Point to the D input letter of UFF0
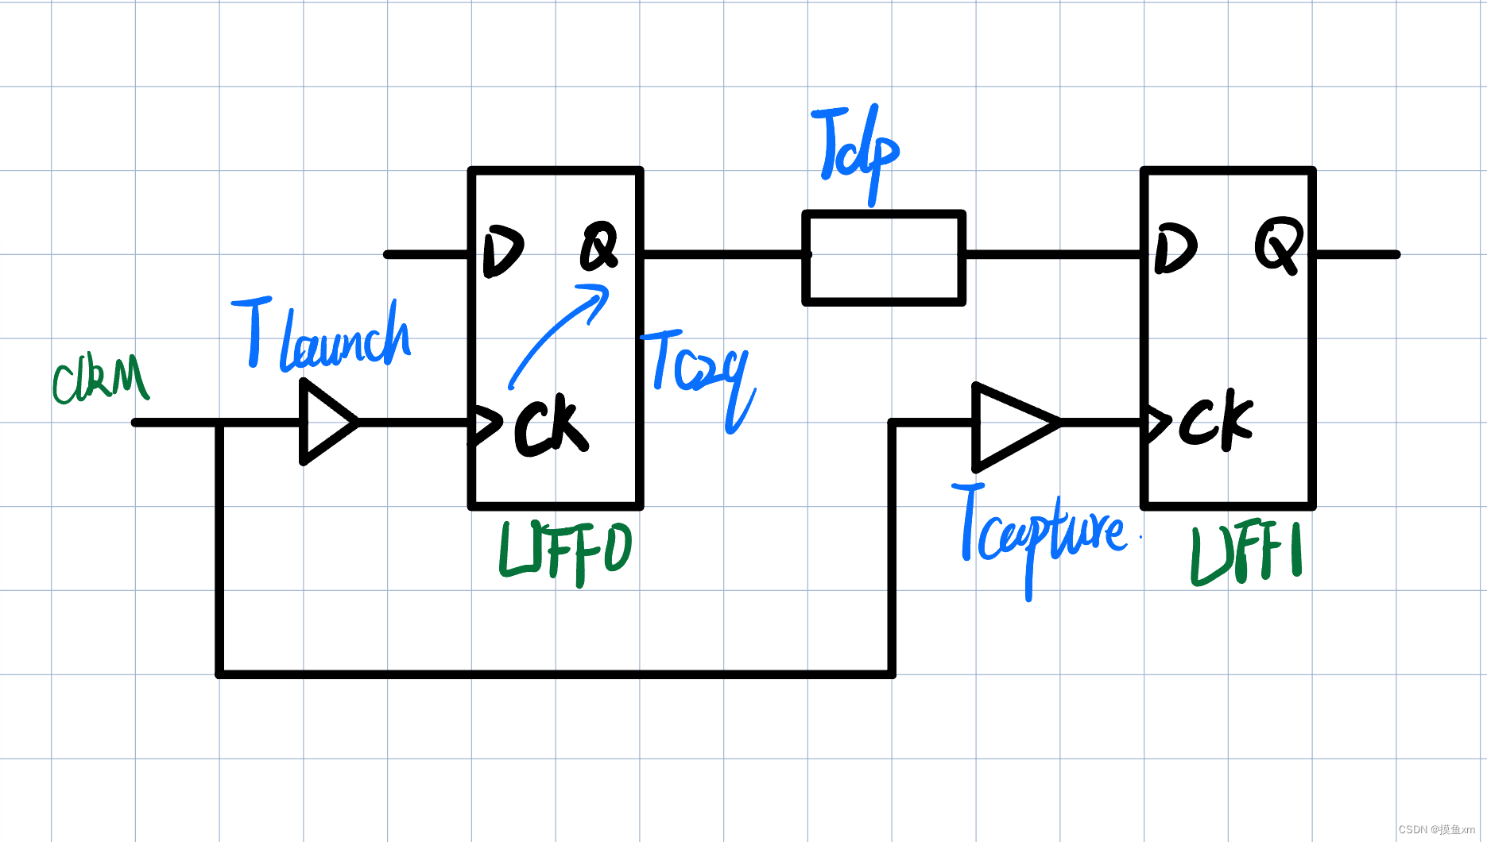point(502,251)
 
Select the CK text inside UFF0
point(550,426)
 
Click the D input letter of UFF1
point(1175,248)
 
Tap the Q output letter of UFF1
point(1278,245)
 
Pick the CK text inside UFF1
point(1215,419)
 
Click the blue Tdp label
point(857,151)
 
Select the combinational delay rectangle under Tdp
point(884,257)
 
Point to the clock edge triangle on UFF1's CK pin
point(1157,423)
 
